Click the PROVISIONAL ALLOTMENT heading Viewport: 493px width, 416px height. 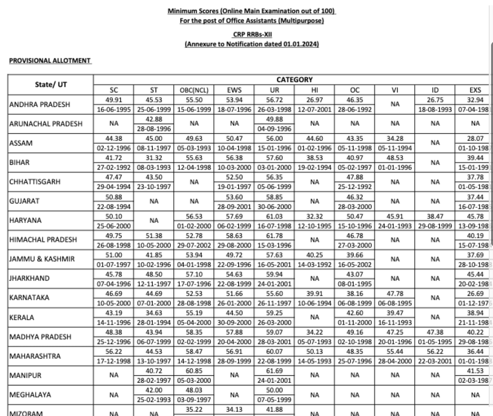(x=50, y=61)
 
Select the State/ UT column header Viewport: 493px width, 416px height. (x=51, y=84)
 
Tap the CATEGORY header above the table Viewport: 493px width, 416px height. (x=294, y=80)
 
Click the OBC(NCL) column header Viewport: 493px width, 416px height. (x=194, y=90)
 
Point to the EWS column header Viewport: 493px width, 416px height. (x=234, y=90)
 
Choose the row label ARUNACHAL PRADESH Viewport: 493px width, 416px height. (x=46, y=124)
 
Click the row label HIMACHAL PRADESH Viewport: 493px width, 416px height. (x=43, y=240)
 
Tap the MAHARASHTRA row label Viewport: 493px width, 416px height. (x=35, y=356)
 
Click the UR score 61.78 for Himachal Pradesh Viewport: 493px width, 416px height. (x=274, y=236)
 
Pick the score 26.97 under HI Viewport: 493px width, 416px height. (x=315, y=100)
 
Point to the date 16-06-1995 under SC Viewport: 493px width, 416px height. (x=113, y=110)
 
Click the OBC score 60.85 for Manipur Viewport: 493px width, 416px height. (x=194, y=371)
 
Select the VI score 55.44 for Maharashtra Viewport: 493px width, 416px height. (x=395, y=351)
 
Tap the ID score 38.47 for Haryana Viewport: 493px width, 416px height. (x=435, y=216)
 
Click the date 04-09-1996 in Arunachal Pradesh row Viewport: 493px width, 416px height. (x=274, y=129)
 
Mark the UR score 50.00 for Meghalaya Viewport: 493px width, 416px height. (x=274, y=390)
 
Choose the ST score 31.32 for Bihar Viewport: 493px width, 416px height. (x=154, y=158)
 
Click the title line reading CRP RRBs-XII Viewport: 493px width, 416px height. (x=252, y=34)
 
